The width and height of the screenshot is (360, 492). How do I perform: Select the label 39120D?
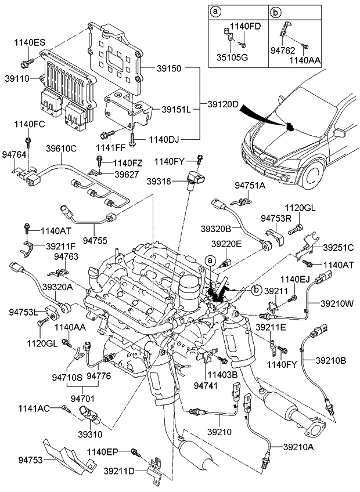pyautogui.click(x=224, y=104)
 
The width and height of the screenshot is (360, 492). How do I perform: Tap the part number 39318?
pyautogui.click(x=175, y=182)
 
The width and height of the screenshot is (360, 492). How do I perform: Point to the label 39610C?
pyautogui.click(x=62, y=148)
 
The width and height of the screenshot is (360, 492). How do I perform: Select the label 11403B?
pyautogui.click(x=224, y=375)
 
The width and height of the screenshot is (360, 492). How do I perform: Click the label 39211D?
pyautogui.click(x=118, y=470)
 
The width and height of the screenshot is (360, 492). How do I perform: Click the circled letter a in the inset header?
pyautogui.click(x=216, y=11)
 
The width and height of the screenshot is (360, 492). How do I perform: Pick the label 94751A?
pyautogui.click(x=250, y=185)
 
